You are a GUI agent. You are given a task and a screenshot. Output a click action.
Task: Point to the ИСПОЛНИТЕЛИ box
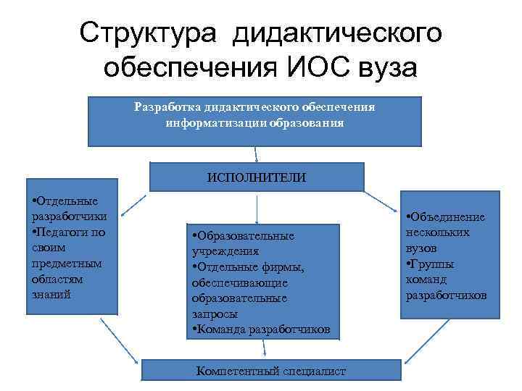[x=257, y=177]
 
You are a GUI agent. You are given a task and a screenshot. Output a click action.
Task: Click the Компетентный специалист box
[x=271, y=371]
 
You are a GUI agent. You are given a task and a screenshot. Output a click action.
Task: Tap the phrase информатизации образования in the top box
[x=254, y=122]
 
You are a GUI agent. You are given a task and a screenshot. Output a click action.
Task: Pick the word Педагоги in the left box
[x=61, y=232]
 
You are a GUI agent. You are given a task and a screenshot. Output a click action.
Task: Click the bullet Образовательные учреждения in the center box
[x=242, y=244]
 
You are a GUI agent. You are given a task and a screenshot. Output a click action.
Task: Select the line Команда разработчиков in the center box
[x=261, y=329]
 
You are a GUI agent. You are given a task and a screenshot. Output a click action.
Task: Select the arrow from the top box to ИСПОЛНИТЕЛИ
[x=256, y=154]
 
